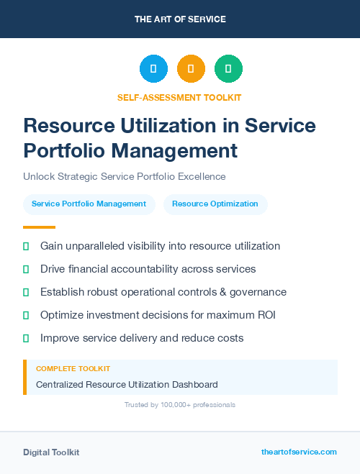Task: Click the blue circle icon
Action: click(x=153, y=68)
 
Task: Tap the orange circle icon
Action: click(x=191, y=68)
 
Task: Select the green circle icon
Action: click(x=228, y=68)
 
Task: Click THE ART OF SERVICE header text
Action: click(x=180, y=19)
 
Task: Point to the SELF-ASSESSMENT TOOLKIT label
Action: click(x=179, y=97)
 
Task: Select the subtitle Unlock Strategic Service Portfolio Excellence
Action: click(x=125, y=176)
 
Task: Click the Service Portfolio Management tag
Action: click(x=89, y=204)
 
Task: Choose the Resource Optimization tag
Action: click(x=215, y=204)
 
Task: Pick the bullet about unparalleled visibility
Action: click(x=160, y=246)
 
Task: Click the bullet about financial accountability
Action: click(x=148, y=269)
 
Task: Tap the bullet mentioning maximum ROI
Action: click(x=158, y=315)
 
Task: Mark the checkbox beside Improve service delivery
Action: click(x=26, y=338)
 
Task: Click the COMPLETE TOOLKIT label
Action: click(x=73, y=368)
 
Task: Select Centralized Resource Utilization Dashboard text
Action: click(x=127, y=385)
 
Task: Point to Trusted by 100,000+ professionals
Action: click(x=179, y=405)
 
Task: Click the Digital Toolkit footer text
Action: click(x=51, y=452)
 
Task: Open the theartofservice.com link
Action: click(x=299, y=452)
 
